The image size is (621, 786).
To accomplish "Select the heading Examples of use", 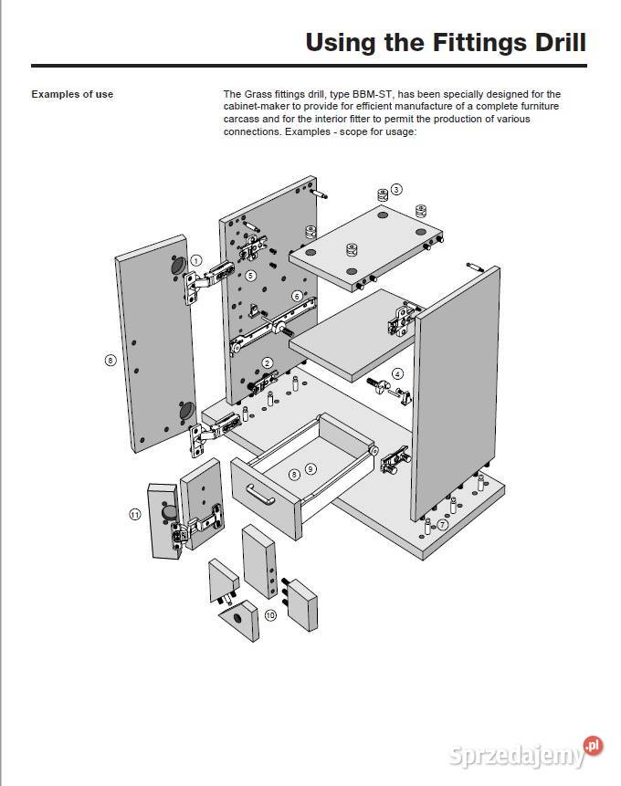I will point(72,94).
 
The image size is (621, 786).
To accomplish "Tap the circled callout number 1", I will point(195,260).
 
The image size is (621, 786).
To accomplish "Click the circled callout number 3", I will point(395,189).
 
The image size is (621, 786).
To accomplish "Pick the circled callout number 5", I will point(250,275).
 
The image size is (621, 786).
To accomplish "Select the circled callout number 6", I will point(297,296).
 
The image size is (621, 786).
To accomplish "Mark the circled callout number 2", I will point(268,362).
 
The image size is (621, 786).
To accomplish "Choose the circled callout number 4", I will point(397,373).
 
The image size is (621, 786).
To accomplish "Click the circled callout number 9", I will point(310,469).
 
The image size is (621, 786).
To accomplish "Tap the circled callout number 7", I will point(442,524).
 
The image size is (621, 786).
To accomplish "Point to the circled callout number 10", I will point(269,615).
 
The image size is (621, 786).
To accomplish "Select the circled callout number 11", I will point(134,515).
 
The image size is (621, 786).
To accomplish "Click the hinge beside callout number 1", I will point(195,285).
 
